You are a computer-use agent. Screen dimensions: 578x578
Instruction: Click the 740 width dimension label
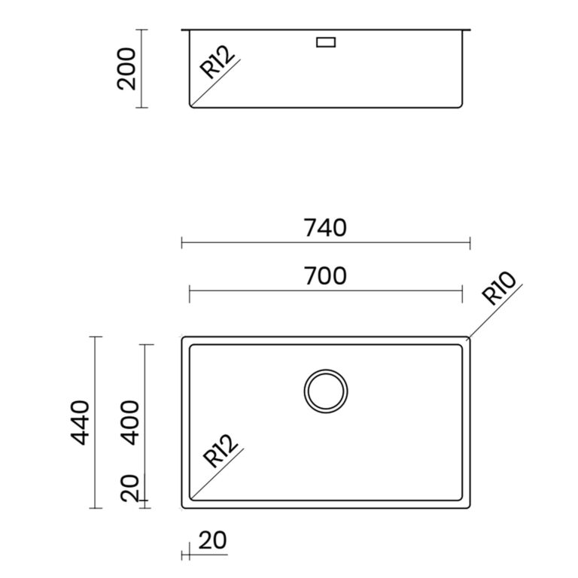point(325,228)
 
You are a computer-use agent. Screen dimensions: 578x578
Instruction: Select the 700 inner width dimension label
point(325,276)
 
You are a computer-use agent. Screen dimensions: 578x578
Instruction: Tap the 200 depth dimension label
point(126,69)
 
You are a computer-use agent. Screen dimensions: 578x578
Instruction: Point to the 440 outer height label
point(80,423)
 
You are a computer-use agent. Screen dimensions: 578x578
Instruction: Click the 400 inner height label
point(130,423)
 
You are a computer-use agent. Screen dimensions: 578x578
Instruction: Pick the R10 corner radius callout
point(499,289)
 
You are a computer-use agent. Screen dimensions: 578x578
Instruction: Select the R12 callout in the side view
point(217,62)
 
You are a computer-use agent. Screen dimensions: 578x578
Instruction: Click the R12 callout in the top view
point(221,451)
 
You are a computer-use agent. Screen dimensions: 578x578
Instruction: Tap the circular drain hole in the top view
point(326,370)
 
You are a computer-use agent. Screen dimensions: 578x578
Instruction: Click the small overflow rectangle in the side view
point(326,42)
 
